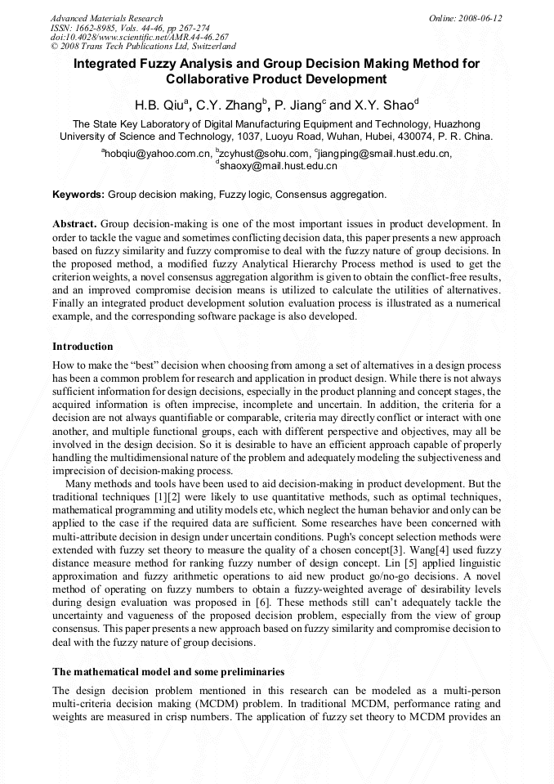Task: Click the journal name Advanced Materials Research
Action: pos(107,18)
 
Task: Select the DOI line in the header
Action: pos(140,37)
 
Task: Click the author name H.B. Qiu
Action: pos(161,105)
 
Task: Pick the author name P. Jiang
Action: pos(299,105)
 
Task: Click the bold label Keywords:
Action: pos(78,195)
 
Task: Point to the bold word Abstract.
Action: pos(75,223)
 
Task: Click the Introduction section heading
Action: pos(83,347)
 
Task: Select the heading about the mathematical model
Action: pos(168,671)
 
